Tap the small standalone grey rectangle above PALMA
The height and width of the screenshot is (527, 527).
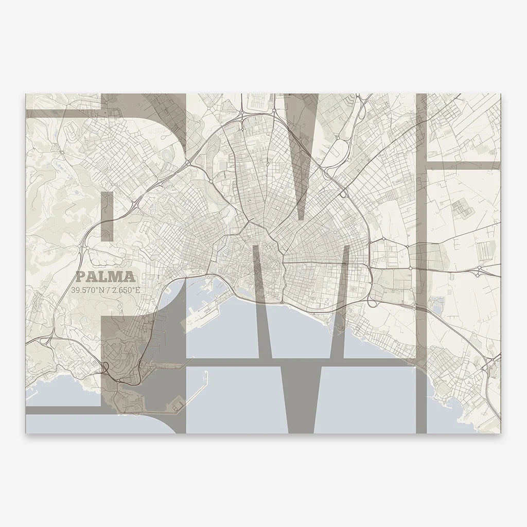click(x=108, y=217)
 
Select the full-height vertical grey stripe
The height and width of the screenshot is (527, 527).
click(x=421, y=262)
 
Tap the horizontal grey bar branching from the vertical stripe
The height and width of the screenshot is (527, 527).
click(x=463, y=166)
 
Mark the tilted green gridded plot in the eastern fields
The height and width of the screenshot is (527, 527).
click(x=461, y=208)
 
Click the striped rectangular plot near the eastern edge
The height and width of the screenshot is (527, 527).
click(x=485, y=250)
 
